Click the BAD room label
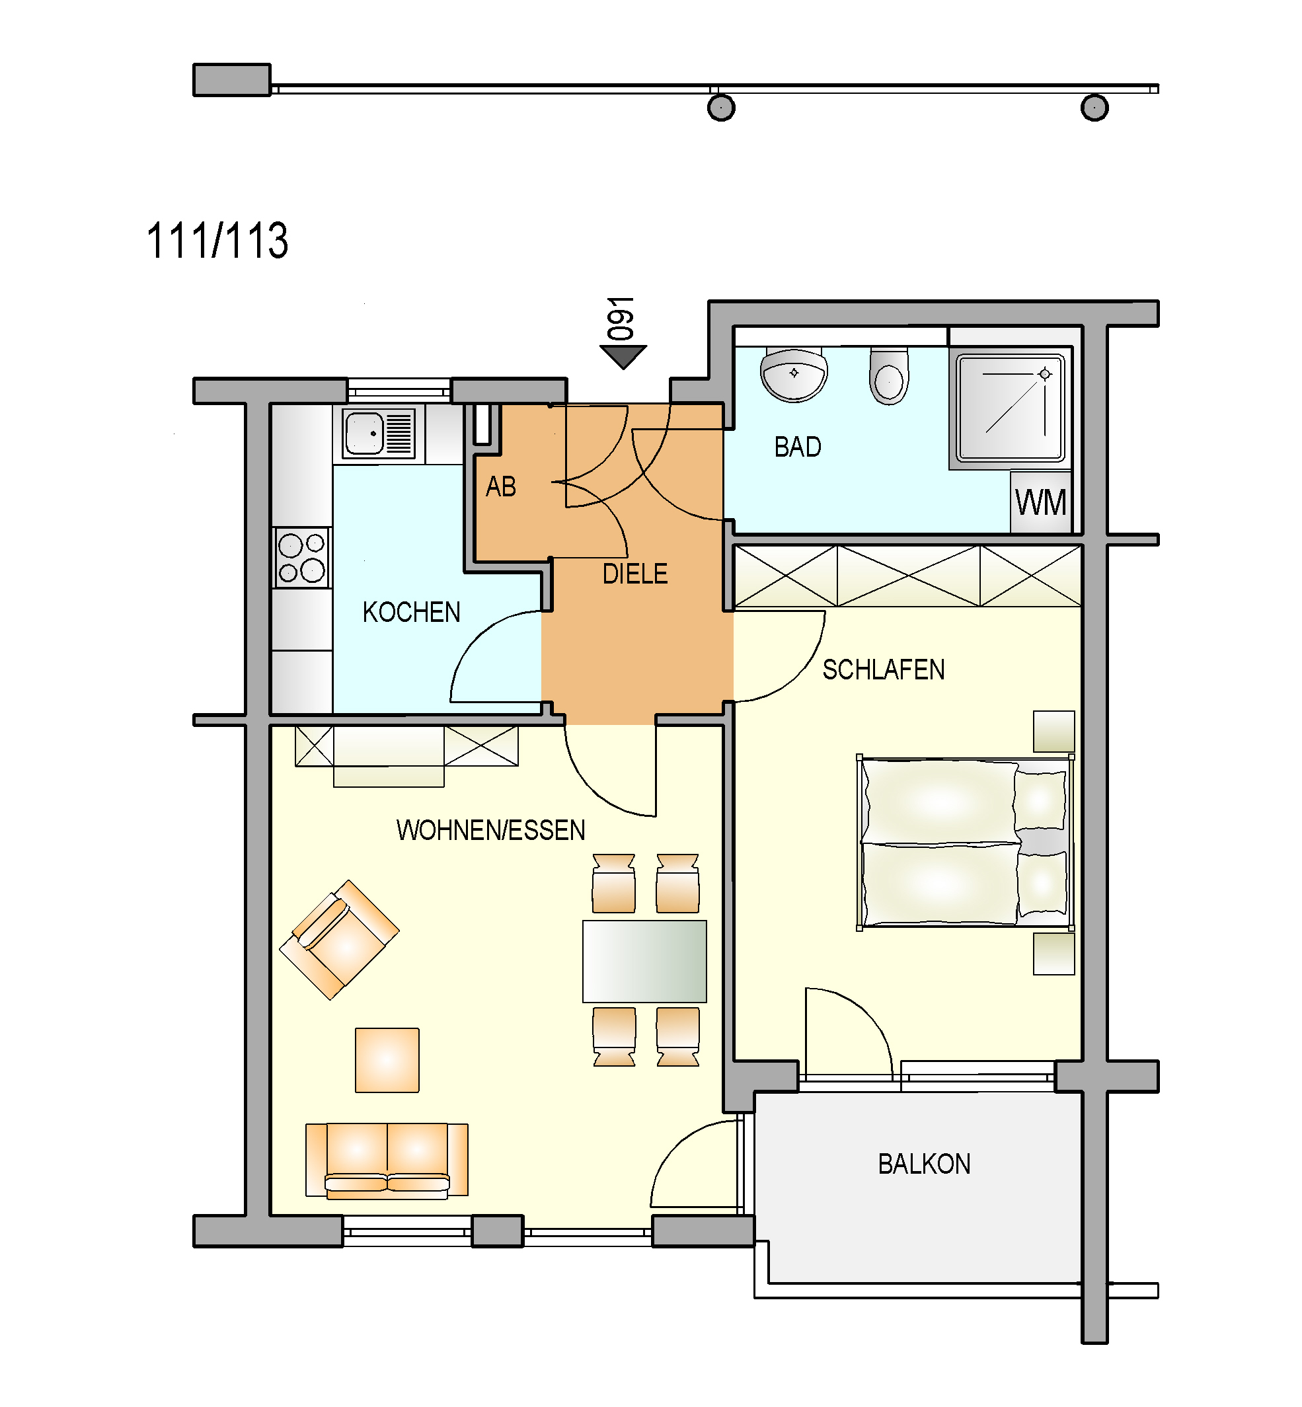[x=798, y=447]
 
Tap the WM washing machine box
[x=1041, y=502]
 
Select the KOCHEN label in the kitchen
[x=412, y=611]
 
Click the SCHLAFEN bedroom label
[x=884, y=669]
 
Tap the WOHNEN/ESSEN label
[x=490, y=830]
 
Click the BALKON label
[x=925, y=1164]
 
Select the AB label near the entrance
[x=501, y=486]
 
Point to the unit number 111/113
[x=217, y=241]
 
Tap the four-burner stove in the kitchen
[x=301, y=556]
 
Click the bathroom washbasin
[x=794, y=375]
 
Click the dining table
[x=644, y=961]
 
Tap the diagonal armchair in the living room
[x=339, y=939]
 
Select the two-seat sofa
[x=387, y=1160]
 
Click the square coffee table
[x=387, y=1059]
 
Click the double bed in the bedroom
[x=965, y=842]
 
